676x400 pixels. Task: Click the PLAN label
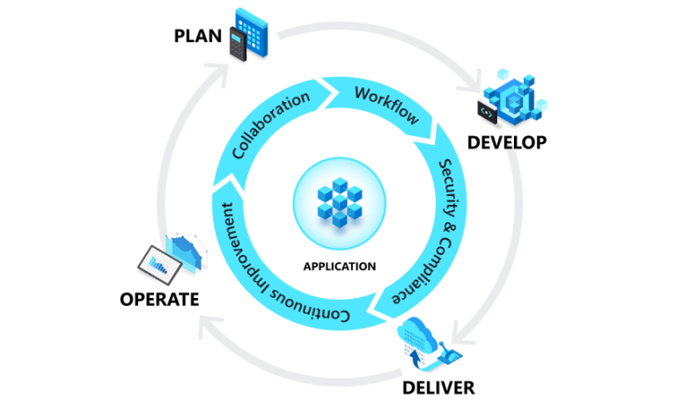point(198,36)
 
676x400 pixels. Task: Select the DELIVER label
point(438,387)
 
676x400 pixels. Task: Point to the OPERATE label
point(159,300)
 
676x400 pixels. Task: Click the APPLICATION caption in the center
point(339,266)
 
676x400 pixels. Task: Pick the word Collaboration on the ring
point(271,124)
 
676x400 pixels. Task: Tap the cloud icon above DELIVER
point(427,345)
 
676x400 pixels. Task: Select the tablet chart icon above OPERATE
point(172,253)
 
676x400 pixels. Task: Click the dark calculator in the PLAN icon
point(235,43)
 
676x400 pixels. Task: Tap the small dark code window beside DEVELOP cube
point(487,110)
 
